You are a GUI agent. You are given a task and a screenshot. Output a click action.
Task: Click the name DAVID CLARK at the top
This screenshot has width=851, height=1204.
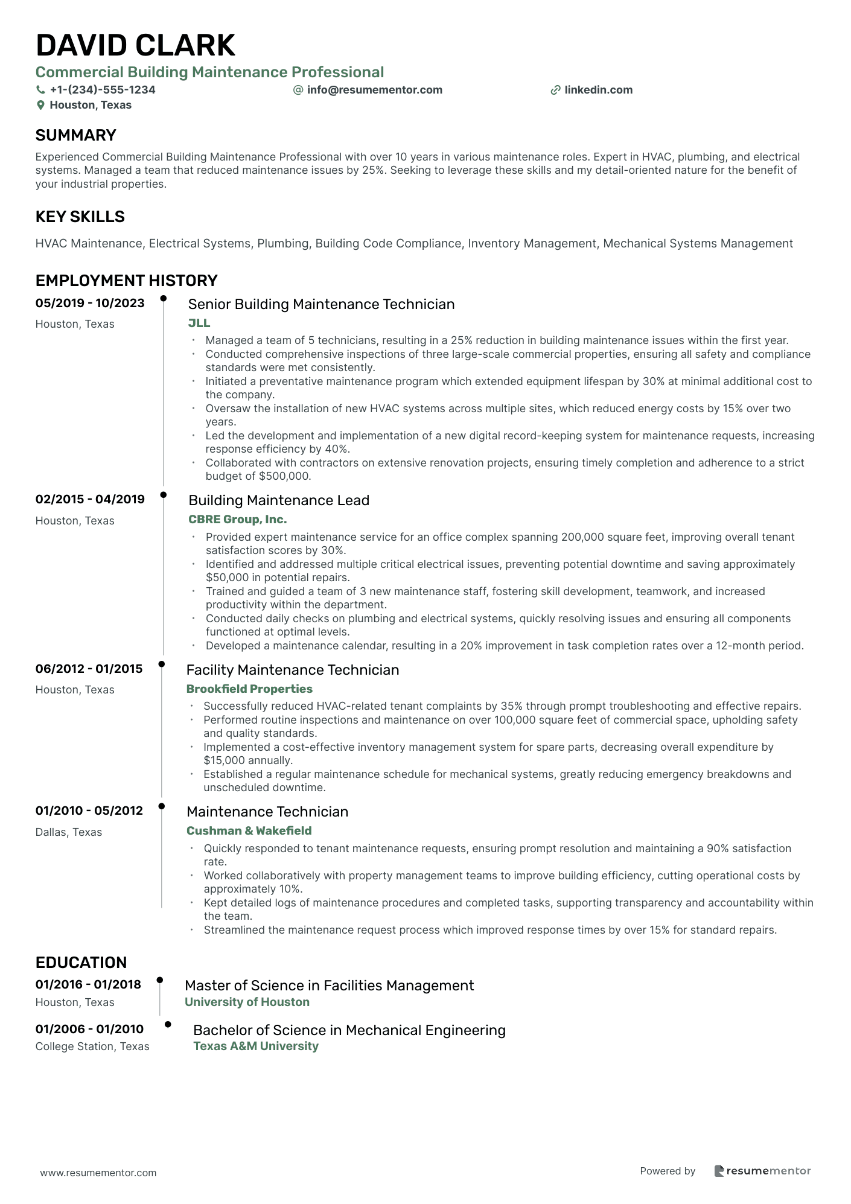click(135, 46)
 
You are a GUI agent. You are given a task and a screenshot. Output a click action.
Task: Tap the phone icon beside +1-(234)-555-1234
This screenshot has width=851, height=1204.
click(40, 90)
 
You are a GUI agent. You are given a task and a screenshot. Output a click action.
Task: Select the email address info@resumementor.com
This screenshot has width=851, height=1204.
click(374, 90)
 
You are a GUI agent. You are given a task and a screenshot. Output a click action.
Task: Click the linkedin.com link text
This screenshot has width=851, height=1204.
click(598, 90)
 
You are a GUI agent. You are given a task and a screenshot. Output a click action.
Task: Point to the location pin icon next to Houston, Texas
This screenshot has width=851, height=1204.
click(40, 105)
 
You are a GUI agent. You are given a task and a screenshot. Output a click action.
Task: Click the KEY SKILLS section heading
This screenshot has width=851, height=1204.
click(80, 217)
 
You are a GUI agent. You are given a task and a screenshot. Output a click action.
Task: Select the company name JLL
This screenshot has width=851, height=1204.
click(199, 323)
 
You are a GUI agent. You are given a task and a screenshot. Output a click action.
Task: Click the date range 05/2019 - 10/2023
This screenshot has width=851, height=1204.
click(90, 303)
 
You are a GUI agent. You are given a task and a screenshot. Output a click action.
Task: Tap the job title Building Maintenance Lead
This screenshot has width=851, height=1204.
click(278, 500)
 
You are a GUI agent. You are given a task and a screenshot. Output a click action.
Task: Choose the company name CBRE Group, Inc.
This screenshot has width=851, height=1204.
click(237, 519)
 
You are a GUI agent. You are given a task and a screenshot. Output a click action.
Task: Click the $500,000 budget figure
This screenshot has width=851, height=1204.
click(284, 476)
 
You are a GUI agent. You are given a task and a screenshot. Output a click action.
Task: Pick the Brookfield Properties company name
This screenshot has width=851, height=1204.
click(249, 689)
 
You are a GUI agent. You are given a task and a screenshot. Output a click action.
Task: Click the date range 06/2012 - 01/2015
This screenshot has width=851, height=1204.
click(89, 669)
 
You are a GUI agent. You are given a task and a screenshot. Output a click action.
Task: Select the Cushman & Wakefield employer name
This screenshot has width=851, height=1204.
click(249, 830)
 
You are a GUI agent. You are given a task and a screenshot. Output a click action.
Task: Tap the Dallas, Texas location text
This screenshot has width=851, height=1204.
click(68, 832)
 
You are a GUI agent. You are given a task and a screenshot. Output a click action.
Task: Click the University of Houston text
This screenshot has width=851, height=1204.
click(247, 1002)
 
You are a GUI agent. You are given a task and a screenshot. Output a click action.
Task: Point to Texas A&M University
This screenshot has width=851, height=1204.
click(255, 1046)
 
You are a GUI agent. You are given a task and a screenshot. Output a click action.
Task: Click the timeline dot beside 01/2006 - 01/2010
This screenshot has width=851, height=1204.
click(168, 1024)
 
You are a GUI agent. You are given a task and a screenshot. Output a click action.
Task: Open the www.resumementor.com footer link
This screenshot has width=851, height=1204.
click(98, 1173)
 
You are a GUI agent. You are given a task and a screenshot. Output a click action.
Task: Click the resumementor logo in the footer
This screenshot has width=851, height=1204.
click(762, 1171)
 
